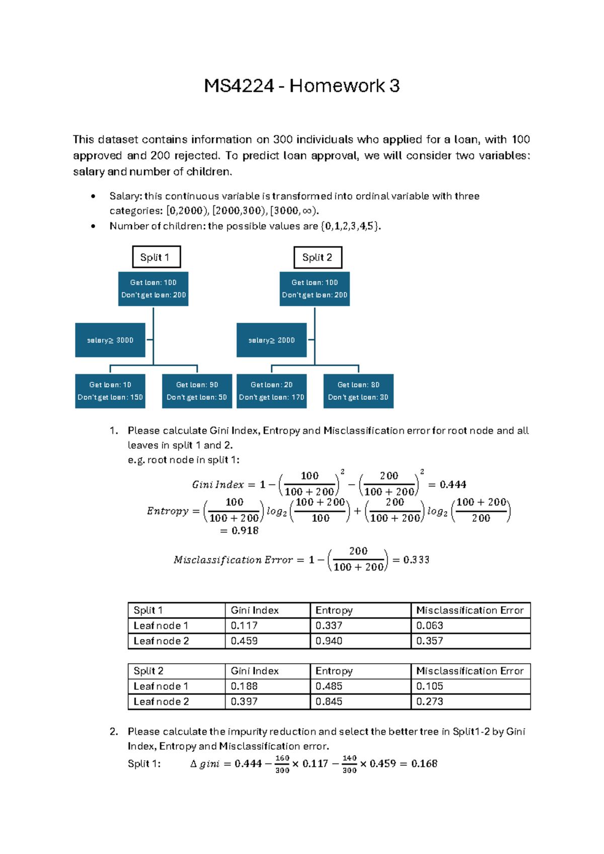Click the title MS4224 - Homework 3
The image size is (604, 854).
(x=301, y=86)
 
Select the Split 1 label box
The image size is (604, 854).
(x=156, y=257)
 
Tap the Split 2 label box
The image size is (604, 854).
(x=318, y=257)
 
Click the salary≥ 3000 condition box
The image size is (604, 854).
(x=110, y=340)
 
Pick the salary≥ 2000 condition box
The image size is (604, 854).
(x=271, y=340)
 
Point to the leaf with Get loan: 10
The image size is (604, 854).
(x=110, y=391)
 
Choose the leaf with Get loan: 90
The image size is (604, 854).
(x=197, y=391)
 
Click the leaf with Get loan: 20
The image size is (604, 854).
(x=271, y=391)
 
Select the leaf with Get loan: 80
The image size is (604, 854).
(x=358, y=391)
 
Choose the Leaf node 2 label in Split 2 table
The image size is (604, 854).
(x=161, y=701)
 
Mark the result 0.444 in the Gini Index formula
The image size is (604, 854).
(x=453, y=485)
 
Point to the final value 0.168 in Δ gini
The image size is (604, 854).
(x=424, y=764)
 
